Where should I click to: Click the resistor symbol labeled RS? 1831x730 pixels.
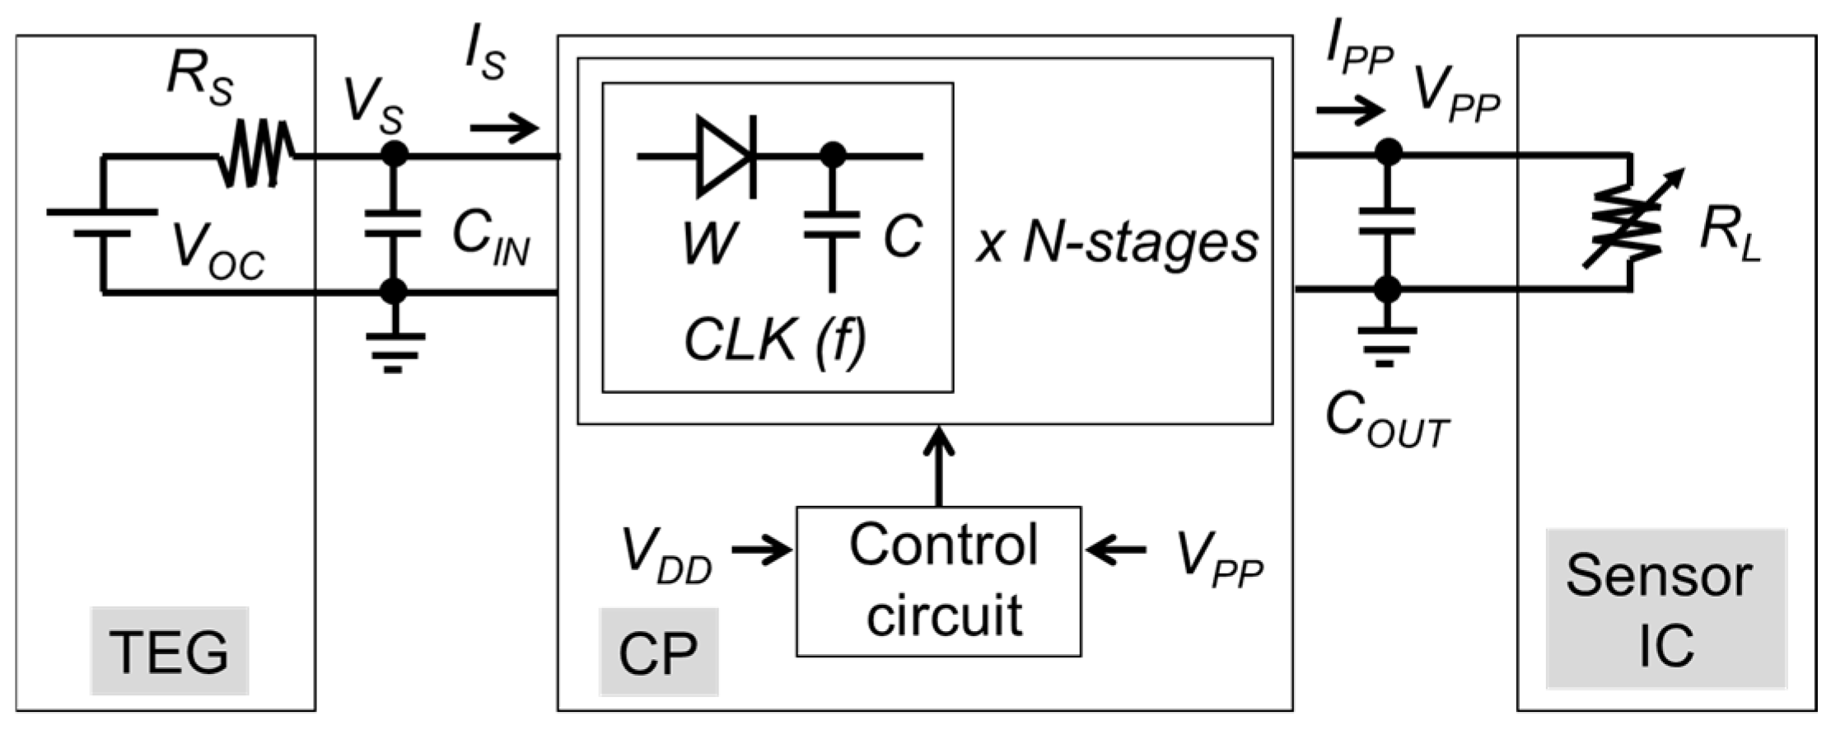255,154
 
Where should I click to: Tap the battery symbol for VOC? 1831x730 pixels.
102,222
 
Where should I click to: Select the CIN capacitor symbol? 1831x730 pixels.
393,223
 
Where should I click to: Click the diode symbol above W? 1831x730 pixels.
726,156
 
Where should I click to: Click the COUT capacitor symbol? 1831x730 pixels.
1388,222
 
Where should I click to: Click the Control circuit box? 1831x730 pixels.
938,581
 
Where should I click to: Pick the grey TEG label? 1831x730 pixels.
169,651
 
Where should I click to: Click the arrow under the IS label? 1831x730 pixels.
504,129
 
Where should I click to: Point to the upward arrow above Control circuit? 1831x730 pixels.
938,466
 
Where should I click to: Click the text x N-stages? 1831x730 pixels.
1117,243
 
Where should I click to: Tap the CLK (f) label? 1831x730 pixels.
775,339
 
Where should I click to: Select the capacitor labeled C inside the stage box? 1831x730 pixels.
833,224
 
